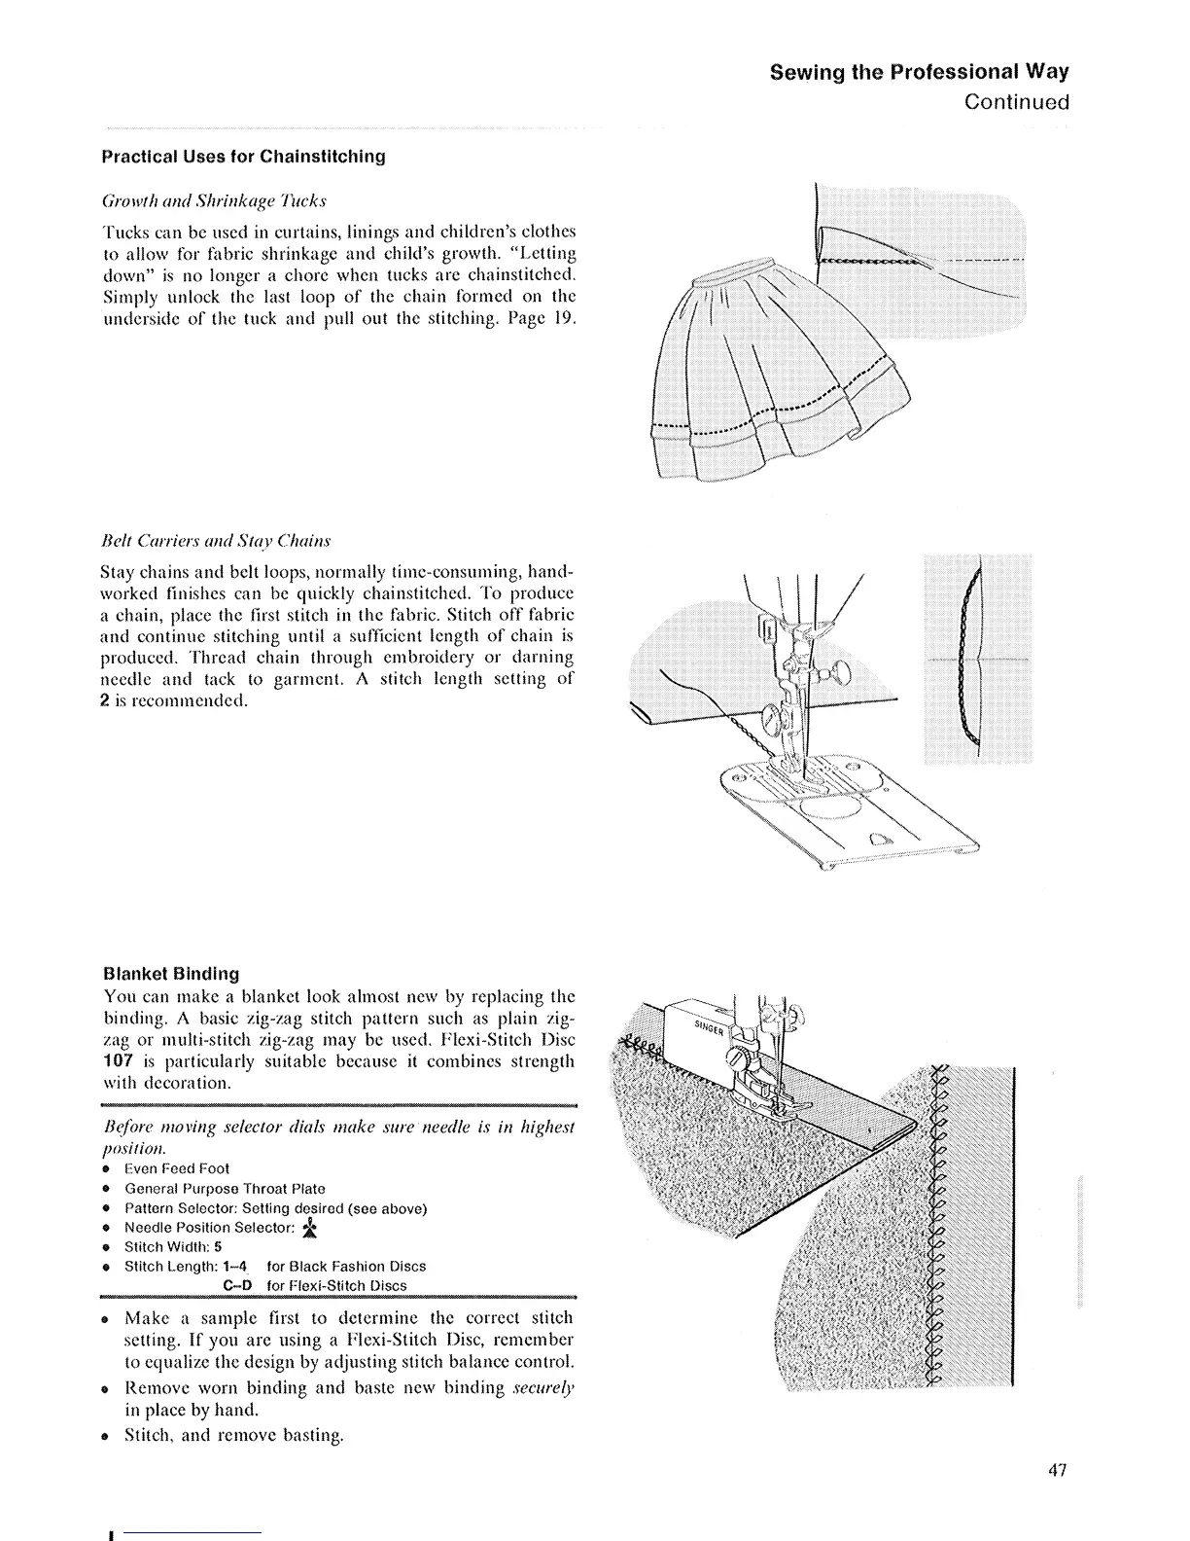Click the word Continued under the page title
(x=1017, y=102)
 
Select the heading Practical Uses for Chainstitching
(x=244, y=157)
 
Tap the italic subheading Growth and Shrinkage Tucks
(x=214, y=201)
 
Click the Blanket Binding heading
(x=171, y=974)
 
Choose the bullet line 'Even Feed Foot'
(x=177, y=1168)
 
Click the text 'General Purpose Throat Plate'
(x=225, y=1189)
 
